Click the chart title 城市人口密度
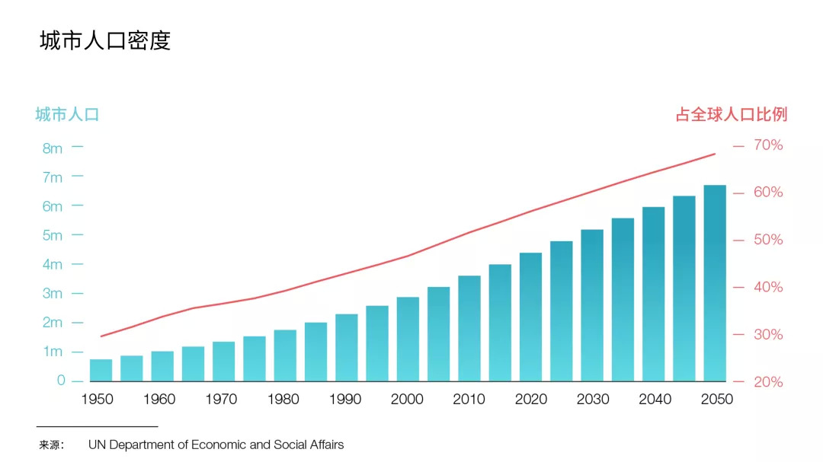pos(105,40)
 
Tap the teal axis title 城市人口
pos(67,115)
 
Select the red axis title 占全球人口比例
pos(731,115)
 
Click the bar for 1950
pos(101,370)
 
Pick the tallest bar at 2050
pos(714,283)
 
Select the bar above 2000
pos(408,339)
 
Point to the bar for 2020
pos(530,317)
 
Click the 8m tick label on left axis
pos(53,148)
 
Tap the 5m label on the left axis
pos(53,236)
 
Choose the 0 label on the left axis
pos(61,381)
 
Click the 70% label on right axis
pos(768,145)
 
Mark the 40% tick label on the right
pos(768,287)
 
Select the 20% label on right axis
pos(768,382)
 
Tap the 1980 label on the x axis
pos(283,400)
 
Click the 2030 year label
pos(593,400)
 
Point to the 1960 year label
pos(159,400)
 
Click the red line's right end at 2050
pos(715,154)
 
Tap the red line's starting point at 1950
pos(101,336)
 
